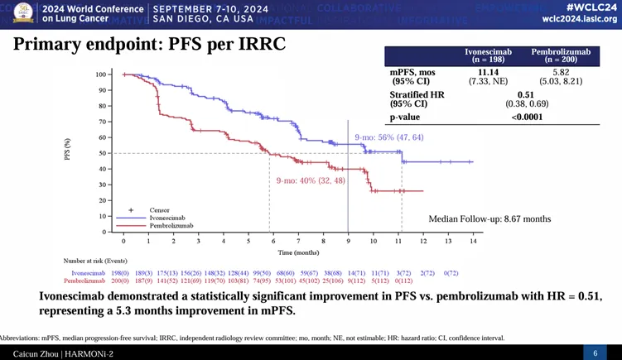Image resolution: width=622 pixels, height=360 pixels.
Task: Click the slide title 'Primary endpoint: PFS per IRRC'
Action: pyautogui.click(x=150, y=44)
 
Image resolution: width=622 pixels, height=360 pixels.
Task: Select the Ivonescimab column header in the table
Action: pyautogui.click(x=488, y=55)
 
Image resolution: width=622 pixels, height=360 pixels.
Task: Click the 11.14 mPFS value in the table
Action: pyautogui.click(x=488, y=73)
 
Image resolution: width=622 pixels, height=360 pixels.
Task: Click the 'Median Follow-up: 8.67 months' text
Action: pyautogui.click(x=489, y=218)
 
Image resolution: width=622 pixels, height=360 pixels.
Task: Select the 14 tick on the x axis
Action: pyautogui.click(x=473, y=241)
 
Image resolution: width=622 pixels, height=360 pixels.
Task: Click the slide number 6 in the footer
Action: pyautogui.click(x=595, y=353)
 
